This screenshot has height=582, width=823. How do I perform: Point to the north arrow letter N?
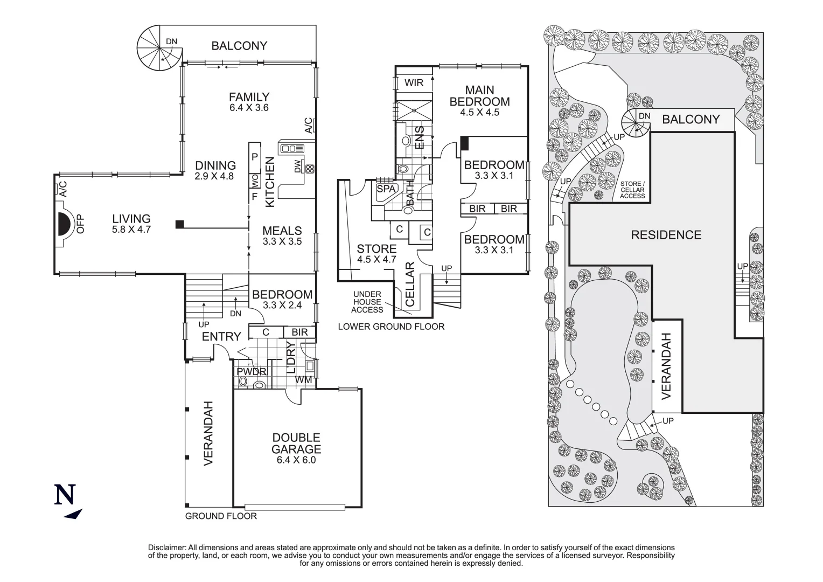click(65, 495)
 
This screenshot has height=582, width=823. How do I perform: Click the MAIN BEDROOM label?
click(479, 96)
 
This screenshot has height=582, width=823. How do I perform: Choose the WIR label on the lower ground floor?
click(414, 83)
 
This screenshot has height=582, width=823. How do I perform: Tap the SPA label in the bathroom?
click(386, 189)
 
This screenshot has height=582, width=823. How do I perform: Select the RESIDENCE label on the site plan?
click(666, 235)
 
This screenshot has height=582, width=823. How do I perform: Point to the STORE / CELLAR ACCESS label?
click(632, 190)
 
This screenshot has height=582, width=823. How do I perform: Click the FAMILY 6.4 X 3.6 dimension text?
click(249, 107)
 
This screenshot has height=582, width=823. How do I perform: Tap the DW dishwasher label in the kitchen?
click(298, 168)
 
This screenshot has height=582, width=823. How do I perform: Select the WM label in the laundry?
click(303, 380)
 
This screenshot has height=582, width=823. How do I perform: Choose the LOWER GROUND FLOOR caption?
click(391, 327)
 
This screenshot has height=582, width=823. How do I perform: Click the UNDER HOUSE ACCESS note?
click(367, 302)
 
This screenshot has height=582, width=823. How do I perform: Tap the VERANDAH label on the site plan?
click(667, 366)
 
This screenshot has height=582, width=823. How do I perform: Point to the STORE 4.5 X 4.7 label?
click(376, 254)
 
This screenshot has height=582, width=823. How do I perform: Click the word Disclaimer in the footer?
click(166, 548)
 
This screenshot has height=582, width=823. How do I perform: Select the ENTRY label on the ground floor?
click(221, 337)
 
